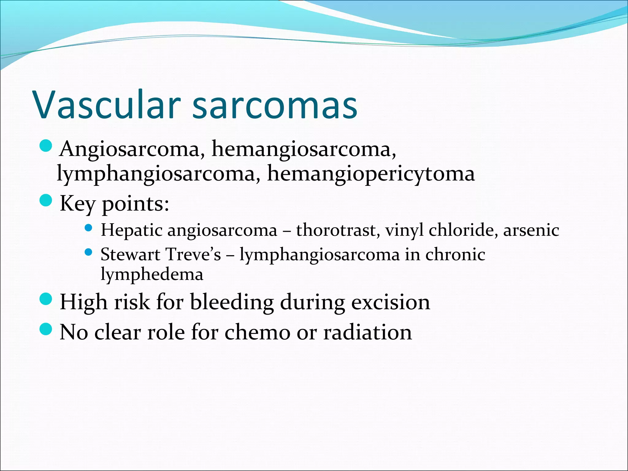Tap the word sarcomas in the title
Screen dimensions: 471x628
275,105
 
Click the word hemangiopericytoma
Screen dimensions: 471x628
371,174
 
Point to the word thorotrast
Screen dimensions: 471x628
336,230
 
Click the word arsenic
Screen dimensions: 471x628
531,230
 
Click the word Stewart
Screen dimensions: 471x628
130,255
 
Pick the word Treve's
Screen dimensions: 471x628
193,255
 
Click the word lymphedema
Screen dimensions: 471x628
152,274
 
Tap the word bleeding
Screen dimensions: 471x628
232,302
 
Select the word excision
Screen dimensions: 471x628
391,302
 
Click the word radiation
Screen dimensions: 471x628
368,332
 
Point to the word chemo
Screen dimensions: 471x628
257,332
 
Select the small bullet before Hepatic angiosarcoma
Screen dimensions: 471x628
88,228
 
